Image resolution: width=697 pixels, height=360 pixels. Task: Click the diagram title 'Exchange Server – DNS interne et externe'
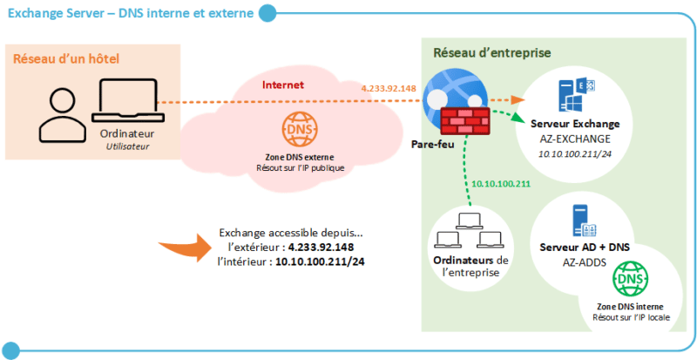[x=131, y=13]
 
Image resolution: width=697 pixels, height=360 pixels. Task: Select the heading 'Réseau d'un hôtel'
[x=65, y=58]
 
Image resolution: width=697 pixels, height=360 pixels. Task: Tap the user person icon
[x=61, y=114]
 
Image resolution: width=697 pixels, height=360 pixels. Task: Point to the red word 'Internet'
[x=283, y=85]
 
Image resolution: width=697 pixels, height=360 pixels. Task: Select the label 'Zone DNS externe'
[x=294, y=156]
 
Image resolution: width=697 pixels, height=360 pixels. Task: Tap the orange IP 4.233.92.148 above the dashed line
[x=389, y=88]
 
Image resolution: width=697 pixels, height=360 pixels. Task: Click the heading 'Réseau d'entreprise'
[x=491, y=52]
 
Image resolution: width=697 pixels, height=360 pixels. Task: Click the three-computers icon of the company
[x=470, y=231]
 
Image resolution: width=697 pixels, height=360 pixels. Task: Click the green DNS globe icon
[x=632, y=281]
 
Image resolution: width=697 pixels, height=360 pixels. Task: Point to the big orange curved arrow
[x=186, y=247]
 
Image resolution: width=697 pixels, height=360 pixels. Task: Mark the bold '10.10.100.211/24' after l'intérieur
[x=320, y=262]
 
